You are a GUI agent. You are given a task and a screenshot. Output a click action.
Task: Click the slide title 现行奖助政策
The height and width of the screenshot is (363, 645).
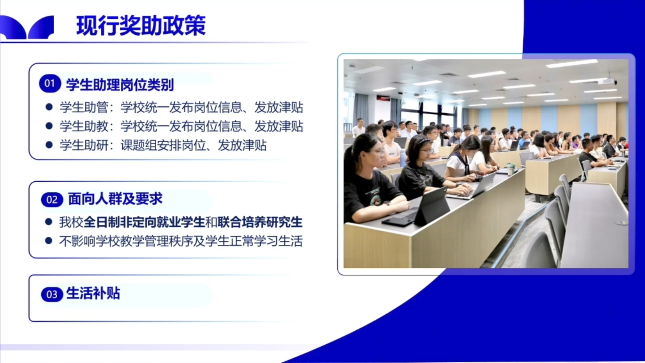(141, 26)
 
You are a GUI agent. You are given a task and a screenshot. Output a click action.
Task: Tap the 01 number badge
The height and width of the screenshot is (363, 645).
(50, 83)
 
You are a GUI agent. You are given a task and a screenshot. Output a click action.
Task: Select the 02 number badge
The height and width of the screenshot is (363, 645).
(52, 200)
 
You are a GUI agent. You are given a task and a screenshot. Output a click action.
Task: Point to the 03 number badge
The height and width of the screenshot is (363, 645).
(52, 294)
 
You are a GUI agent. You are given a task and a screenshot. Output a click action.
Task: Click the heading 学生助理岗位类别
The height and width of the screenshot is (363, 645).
(120, 85)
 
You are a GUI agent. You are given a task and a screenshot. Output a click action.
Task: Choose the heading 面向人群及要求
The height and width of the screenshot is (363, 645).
(115, 199)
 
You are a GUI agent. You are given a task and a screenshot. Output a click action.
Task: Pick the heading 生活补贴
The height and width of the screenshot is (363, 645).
(93, 294)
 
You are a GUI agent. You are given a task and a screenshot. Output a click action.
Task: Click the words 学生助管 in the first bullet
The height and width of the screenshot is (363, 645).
(84, 108)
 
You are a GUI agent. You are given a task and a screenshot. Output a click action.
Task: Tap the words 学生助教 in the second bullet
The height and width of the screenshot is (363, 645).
(84, 126)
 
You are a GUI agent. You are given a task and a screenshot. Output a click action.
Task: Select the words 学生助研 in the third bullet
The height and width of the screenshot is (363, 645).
(84, 145)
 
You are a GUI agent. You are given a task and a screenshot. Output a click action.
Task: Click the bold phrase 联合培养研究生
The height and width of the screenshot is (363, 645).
(260, 222)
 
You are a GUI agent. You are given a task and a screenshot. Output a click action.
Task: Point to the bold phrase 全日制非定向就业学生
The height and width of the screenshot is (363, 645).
(144, 222)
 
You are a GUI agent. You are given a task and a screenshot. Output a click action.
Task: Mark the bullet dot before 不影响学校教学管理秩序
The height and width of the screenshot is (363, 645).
(49, 241)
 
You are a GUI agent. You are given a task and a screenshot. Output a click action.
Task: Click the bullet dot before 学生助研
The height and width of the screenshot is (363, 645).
(49, 145)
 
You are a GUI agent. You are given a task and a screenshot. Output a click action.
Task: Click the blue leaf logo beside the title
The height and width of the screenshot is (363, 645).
(27, 27)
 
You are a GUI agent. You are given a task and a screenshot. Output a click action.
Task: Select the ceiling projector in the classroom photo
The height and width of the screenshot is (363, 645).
(606, 81)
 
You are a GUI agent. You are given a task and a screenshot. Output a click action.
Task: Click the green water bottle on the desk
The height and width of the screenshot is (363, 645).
(511, 169)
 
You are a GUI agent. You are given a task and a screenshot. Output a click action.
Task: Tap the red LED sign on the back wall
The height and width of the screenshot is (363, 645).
(384, 98)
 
